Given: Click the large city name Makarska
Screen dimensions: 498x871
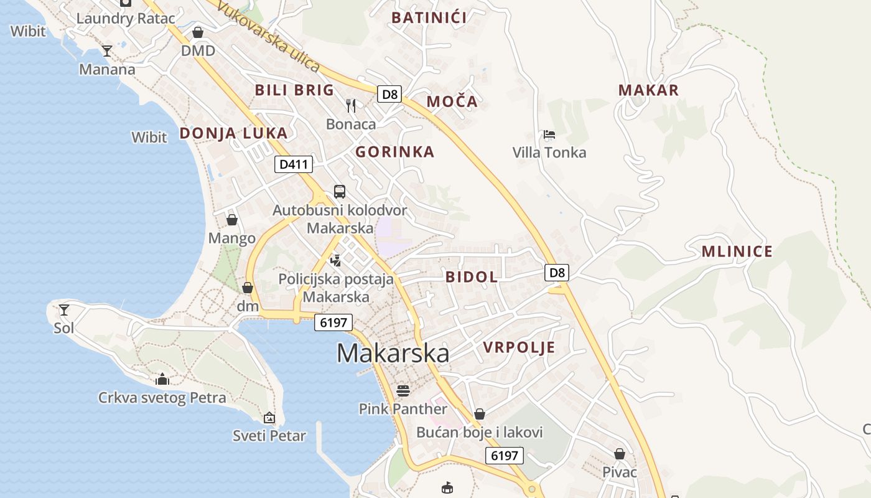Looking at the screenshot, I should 393,353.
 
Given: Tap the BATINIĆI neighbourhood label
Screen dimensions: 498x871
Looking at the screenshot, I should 429,17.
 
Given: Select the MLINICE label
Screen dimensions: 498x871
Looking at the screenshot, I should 737,251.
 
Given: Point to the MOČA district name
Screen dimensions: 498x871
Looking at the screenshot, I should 452,101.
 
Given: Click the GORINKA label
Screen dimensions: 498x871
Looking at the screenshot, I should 394,152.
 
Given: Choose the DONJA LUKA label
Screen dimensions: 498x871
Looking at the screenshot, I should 233,133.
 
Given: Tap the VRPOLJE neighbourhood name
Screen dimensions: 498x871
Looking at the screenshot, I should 519,347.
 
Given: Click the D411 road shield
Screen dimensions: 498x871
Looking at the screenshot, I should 294,164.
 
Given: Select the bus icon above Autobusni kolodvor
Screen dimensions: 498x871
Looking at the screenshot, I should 339,191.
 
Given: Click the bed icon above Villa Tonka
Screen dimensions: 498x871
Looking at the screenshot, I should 549,134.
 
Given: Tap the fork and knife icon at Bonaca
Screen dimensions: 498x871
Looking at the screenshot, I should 351,105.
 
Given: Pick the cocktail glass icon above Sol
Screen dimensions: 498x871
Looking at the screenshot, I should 63,309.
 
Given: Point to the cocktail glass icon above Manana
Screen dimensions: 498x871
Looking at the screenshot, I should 107,50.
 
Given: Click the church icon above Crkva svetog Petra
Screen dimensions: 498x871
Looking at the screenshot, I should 162,378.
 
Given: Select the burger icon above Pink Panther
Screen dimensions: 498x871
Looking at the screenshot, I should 403,391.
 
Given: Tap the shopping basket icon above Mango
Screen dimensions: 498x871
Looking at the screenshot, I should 231,220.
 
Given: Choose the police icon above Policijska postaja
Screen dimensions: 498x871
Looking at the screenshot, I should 336,260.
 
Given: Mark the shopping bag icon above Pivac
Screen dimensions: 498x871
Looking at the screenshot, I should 619,454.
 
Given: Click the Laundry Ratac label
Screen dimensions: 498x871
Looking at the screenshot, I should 126,18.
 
